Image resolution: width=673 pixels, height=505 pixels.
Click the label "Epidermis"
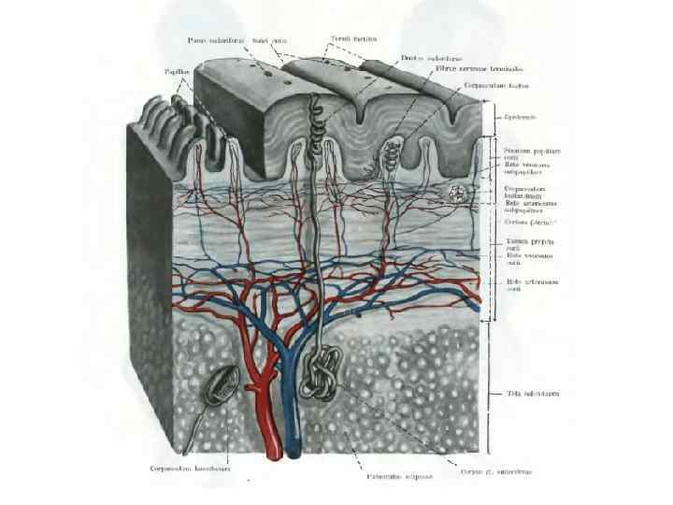click(520, 116)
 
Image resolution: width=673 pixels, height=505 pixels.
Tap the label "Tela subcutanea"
click(533, 393)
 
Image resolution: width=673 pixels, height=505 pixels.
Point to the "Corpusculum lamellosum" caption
click(188, 469)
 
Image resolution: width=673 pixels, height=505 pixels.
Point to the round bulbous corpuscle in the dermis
click(457, 195)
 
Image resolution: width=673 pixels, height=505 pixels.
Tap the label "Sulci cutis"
click(273, 38)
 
